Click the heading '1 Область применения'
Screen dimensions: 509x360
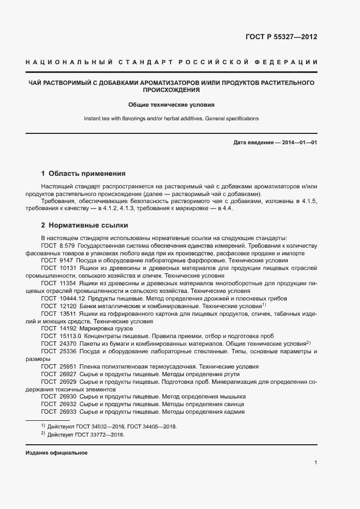click(x=83, y=174)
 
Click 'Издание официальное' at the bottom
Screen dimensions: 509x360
click(x=57, y=453)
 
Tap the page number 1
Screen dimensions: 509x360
click(x=316, y=463)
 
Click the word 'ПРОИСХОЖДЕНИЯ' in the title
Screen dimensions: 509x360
click(x=172, y=90)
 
